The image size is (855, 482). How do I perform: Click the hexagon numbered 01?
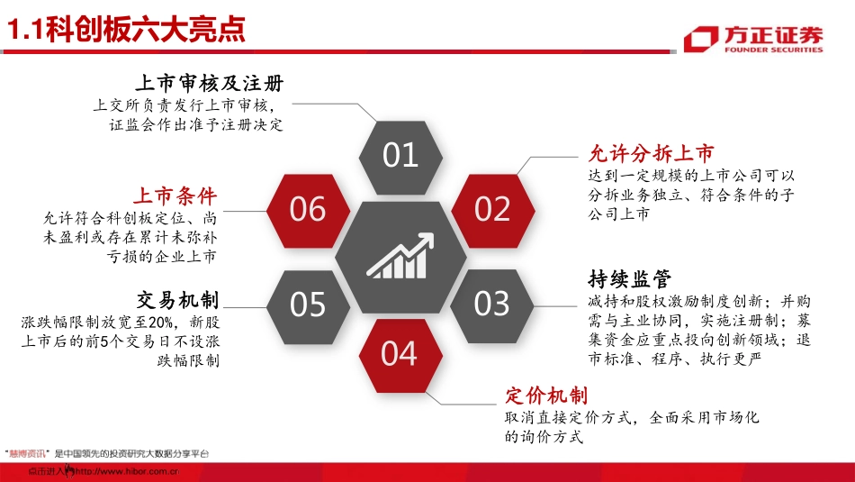coord(400,156)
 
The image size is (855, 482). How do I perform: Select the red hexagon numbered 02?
coord(492,209)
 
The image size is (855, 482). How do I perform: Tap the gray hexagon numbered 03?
coord(492,304)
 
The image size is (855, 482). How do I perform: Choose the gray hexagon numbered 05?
coord(308,305)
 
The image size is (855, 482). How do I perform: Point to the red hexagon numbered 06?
coord(308,209)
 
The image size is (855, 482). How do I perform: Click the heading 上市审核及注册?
coord(209,84)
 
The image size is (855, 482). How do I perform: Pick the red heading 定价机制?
coord(546,396)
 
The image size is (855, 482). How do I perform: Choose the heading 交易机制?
coord(178,299)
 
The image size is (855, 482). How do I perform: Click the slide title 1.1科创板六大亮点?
coord(127,31)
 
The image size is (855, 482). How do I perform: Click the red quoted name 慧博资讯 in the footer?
coord(27,454)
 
